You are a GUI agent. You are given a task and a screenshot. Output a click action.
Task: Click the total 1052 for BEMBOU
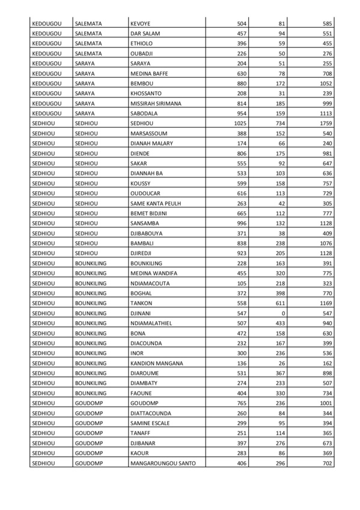tap(322, 83)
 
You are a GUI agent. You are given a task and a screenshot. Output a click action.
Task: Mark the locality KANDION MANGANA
tap(157, 363)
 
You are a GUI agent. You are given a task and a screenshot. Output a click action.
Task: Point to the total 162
tap(325, 363)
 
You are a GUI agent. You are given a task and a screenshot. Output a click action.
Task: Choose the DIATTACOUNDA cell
tap(150, 413)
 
